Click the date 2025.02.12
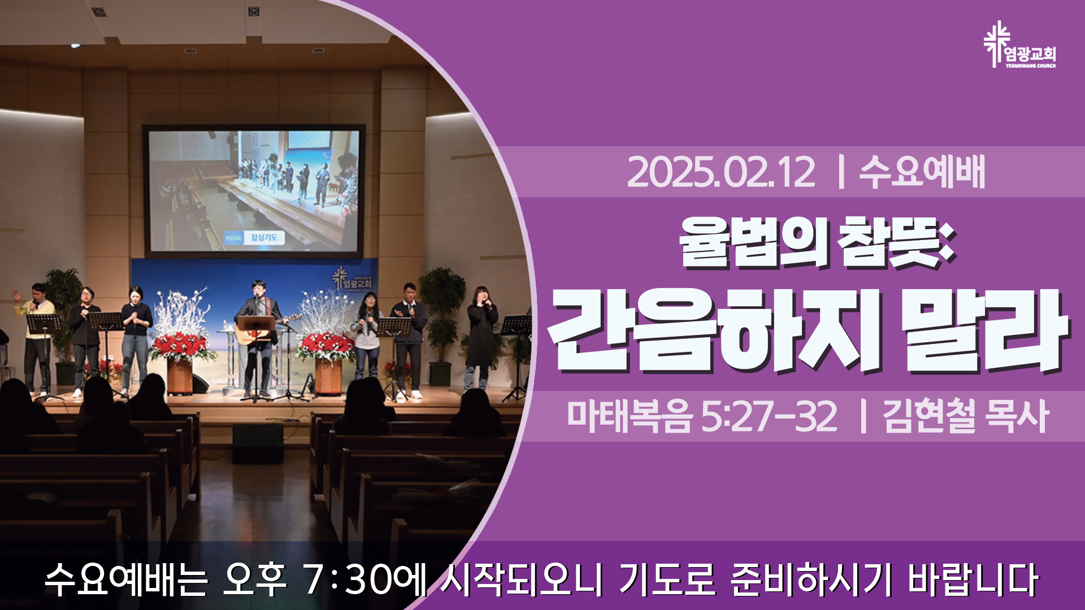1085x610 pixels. pos(721,172)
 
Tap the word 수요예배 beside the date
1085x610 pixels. pos(922,172)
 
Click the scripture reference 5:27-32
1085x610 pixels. pos(769,417)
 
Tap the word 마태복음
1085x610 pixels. pos(629,417)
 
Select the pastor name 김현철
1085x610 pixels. pos(930,417)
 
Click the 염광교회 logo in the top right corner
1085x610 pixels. pos(1019,45)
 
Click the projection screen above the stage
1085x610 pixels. pos(254,190)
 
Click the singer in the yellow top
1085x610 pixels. pos(37,339)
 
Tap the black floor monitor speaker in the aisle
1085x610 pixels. pos(258,444)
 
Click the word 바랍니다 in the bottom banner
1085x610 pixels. pos(973,579)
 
